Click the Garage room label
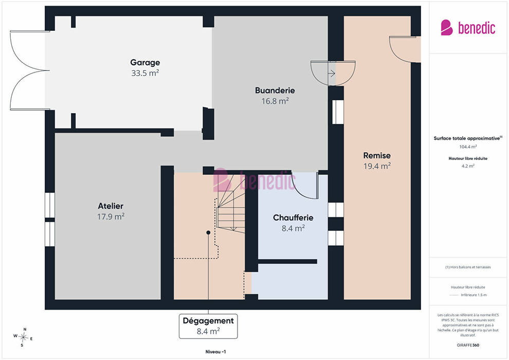[145, 62]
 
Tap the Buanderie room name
[275, 90]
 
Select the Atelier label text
[111, 206]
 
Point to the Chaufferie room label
[293, 218]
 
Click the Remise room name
[377, 155]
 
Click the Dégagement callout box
[208, 326]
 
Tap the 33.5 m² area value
[145, 73]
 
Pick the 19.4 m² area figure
[377, 166]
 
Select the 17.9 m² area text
[111, 217]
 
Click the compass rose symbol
[23, 337]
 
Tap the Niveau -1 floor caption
[215, 352]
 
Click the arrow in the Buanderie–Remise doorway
[332, 74]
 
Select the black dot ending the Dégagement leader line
[208, 232]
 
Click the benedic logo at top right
[468, 28]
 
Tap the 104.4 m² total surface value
[468, 147]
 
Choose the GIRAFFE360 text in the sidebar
[468, 345]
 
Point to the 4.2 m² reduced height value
[468, 166]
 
